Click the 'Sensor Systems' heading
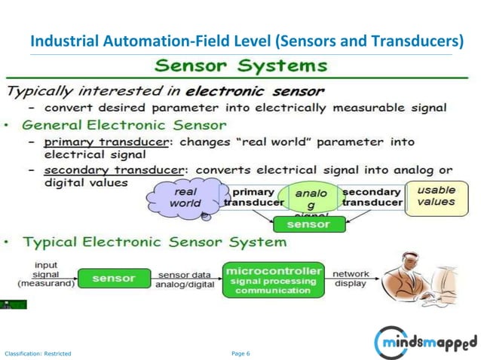click(x=241, y=65)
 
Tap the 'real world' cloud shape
click(x=185, y=197)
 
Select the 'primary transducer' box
click(x=253, y=197)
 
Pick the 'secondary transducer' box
click(x=372, y=197)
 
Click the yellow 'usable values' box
click(x=436, y=197)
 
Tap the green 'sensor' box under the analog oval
click(x=309, y=224)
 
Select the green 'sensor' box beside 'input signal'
click(x=113, y=279)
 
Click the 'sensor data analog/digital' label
click(x=185, y=279)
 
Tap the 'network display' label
click(x=350, y=279)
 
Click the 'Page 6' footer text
click(x=240, y=352)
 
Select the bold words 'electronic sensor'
click(x=256, y=91)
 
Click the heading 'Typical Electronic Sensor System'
click(x=155, y=243)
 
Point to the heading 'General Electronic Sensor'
click(x=124, y=124)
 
